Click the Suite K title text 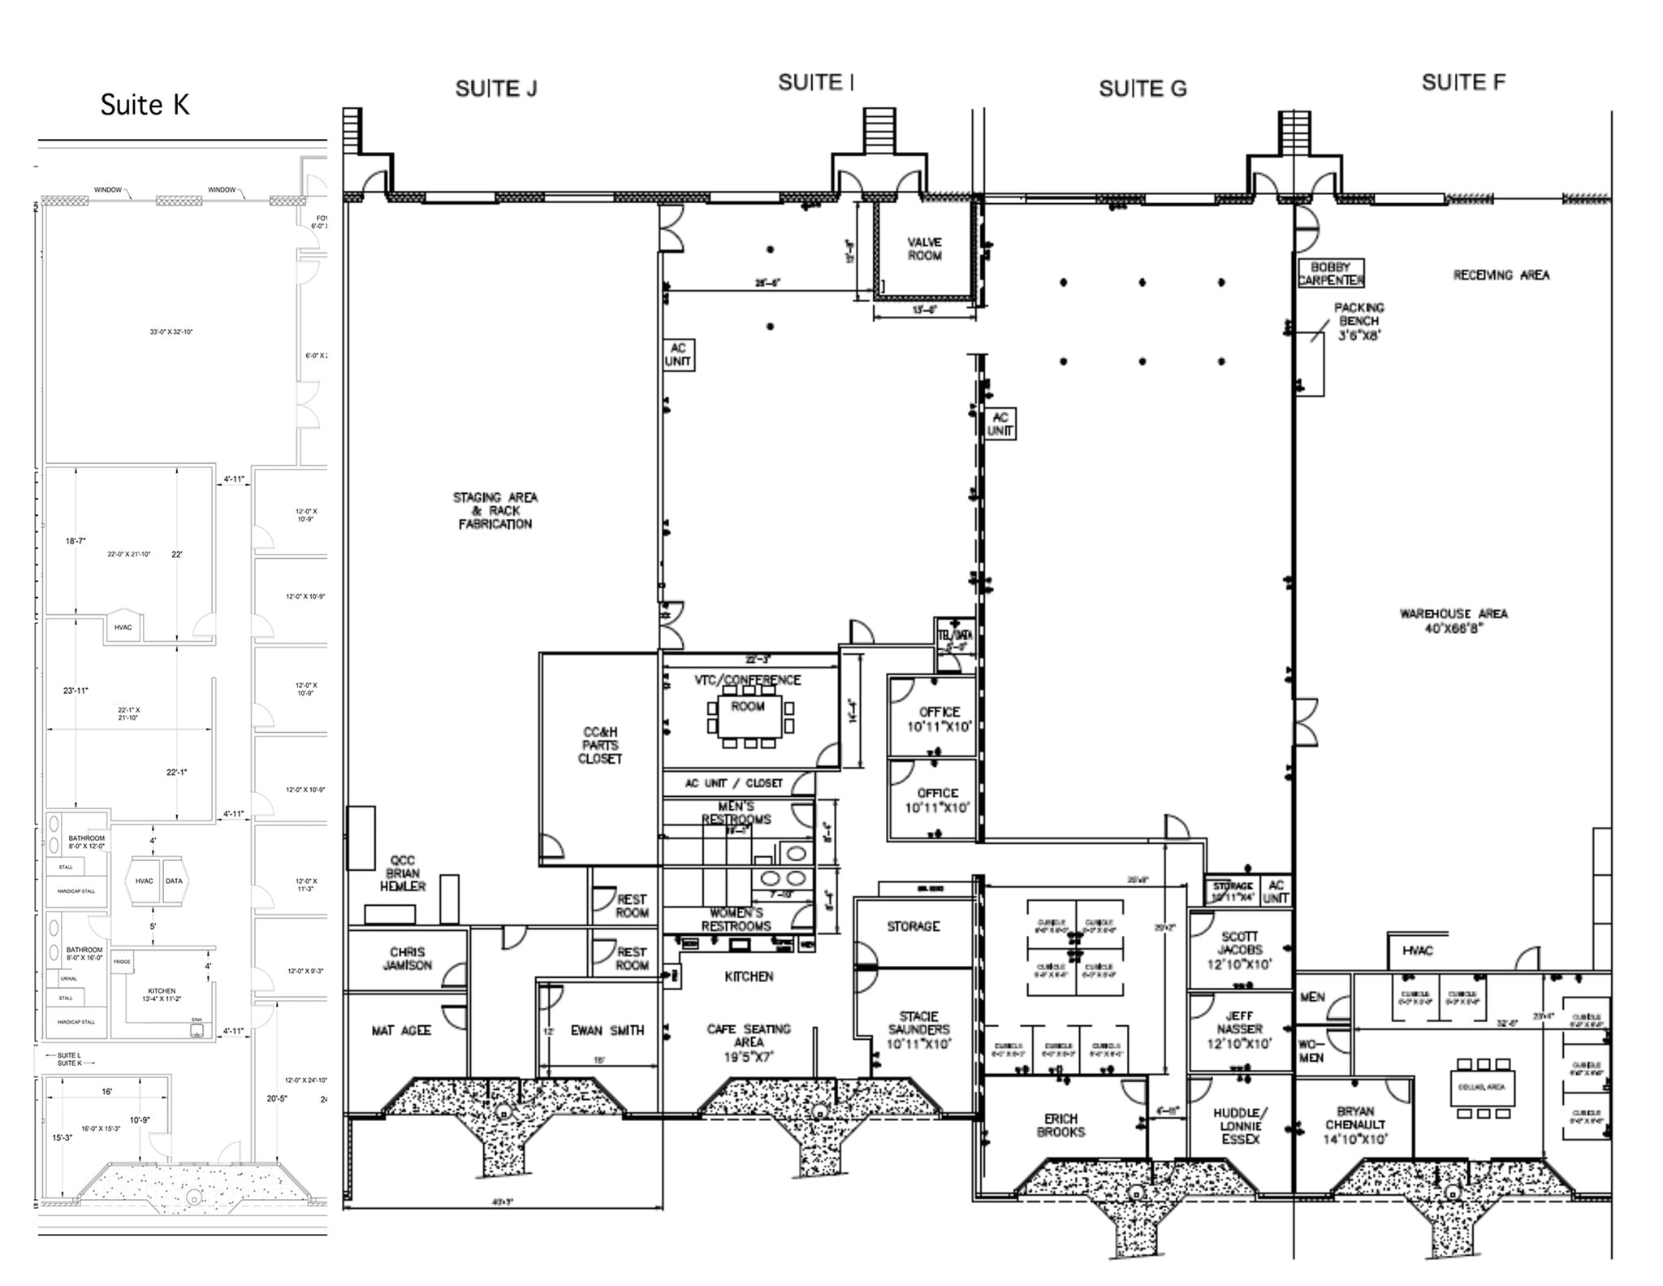145,105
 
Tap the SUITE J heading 495,89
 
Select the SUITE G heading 1142,89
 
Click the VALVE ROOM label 924,249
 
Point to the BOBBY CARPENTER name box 1330,274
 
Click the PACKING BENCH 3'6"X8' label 1358,321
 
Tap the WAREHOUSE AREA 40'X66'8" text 1453,621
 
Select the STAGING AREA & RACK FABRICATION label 495,510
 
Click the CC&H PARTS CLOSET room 600,745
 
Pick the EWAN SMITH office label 607,1031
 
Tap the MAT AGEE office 400,1031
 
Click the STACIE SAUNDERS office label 918,1030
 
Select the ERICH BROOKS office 1060,1125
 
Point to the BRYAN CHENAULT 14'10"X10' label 1354,1125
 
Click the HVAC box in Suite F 1417,950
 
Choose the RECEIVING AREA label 1501,275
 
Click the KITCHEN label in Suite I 749,976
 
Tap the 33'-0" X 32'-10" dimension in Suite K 171,331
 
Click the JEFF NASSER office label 1239,1029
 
